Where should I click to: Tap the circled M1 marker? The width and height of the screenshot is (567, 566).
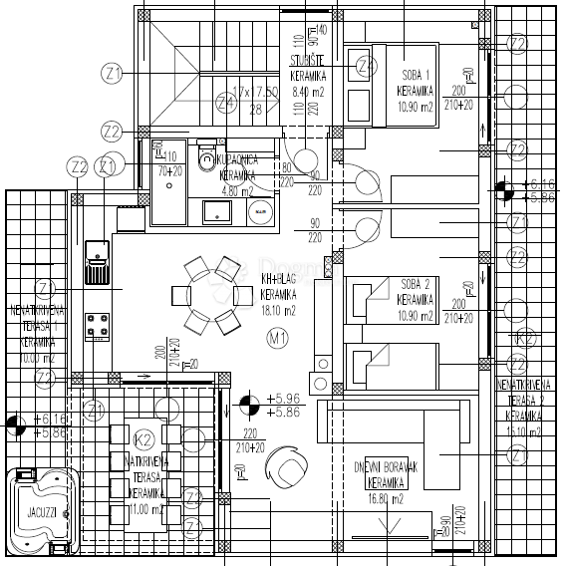point(278,338)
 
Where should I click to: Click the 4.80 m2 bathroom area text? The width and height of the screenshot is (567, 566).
point(236,190)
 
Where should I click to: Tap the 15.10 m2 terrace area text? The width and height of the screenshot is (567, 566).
point(523,430)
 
